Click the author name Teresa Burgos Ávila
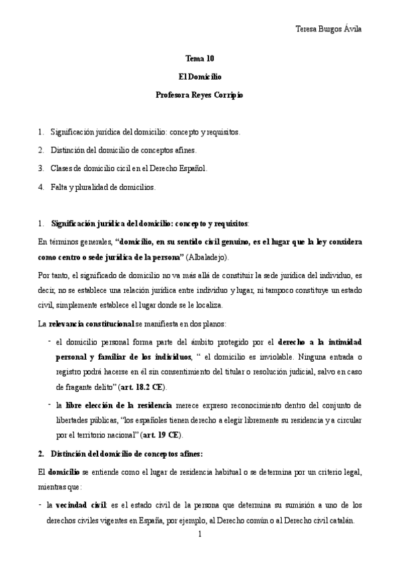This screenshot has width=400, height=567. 332,29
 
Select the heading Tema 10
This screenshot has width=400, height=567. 200,59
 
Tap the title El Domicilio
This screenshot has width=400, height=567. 200,78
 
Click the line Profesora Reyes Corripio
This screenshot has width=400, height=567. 200,96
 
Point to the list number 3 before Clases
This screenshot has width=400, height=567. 41,168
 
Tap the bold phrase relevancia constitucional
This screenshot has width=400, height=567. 91,324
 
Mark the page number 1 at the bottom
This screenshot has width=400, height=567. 200,534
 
